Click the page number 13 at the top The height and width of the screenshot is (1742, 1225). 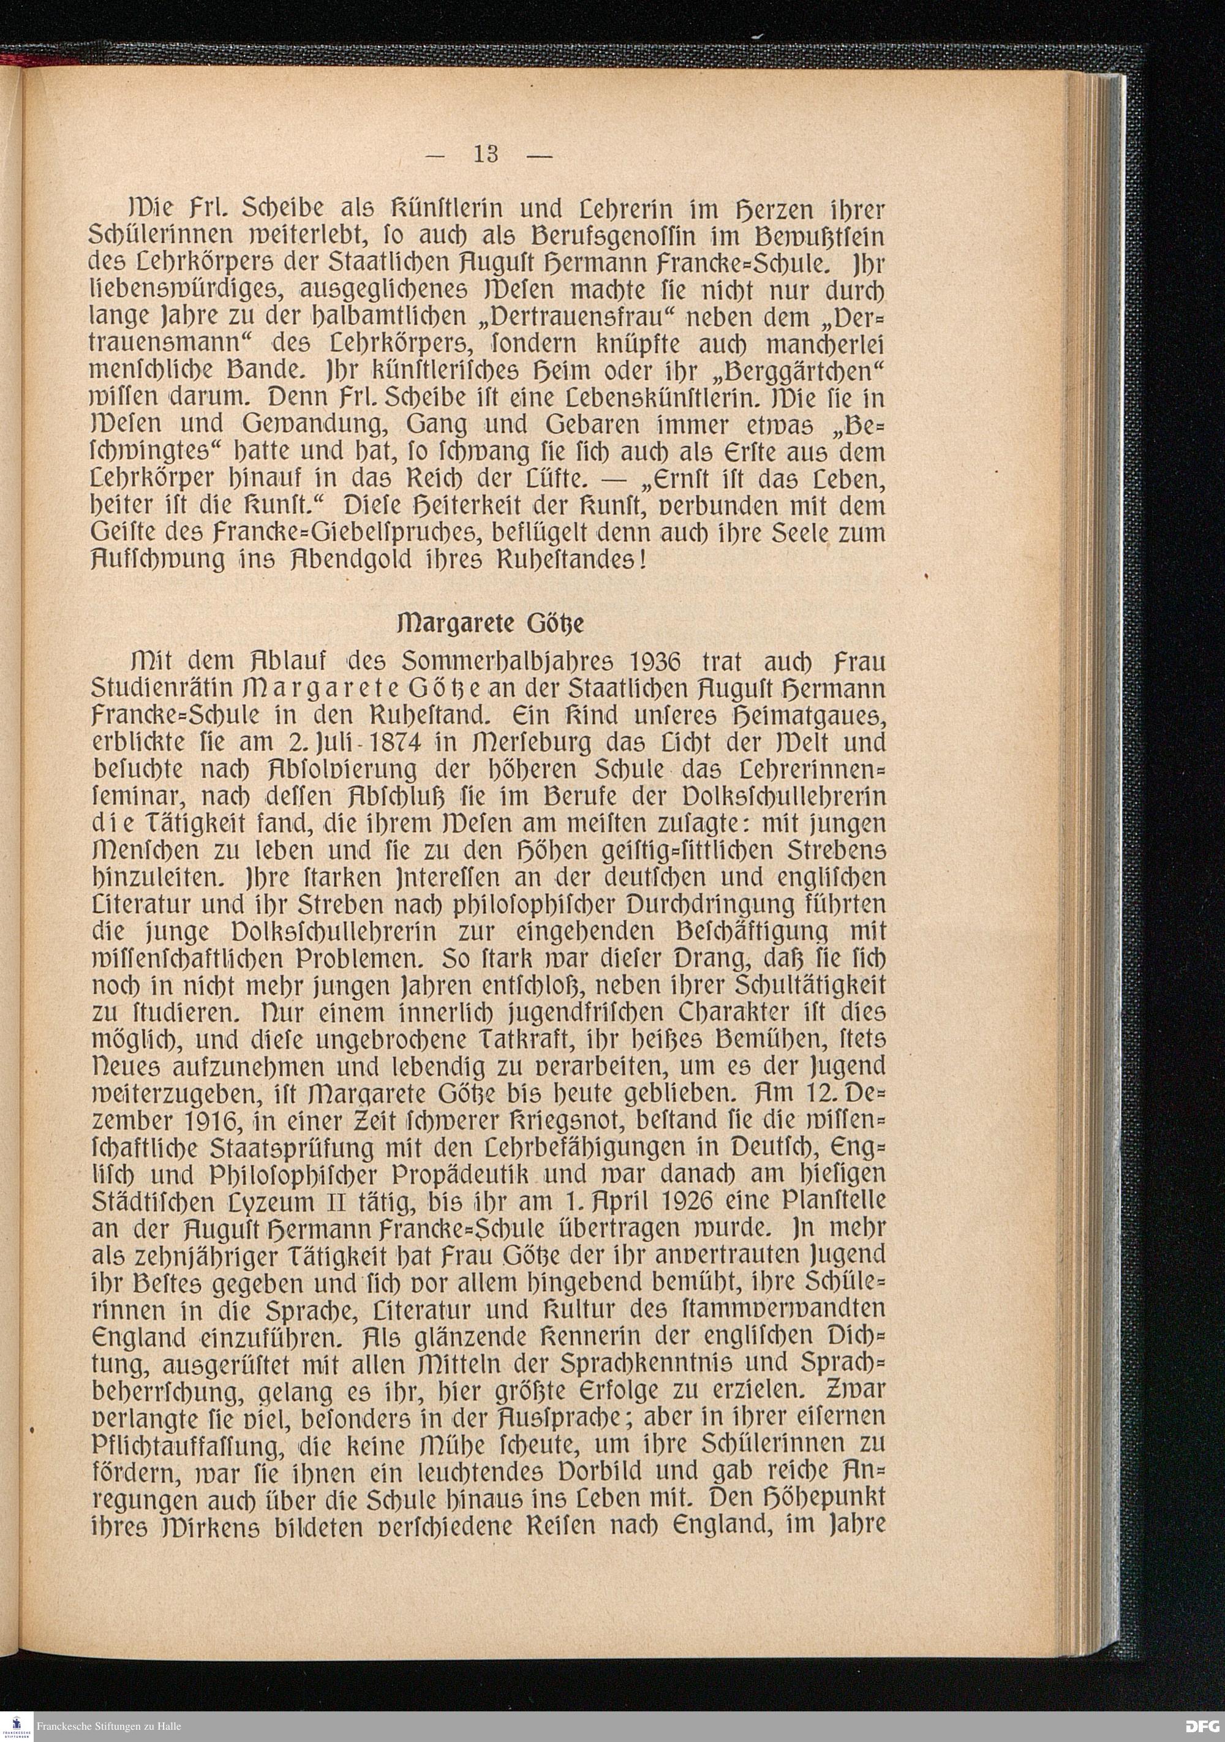tap(486, 155)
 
